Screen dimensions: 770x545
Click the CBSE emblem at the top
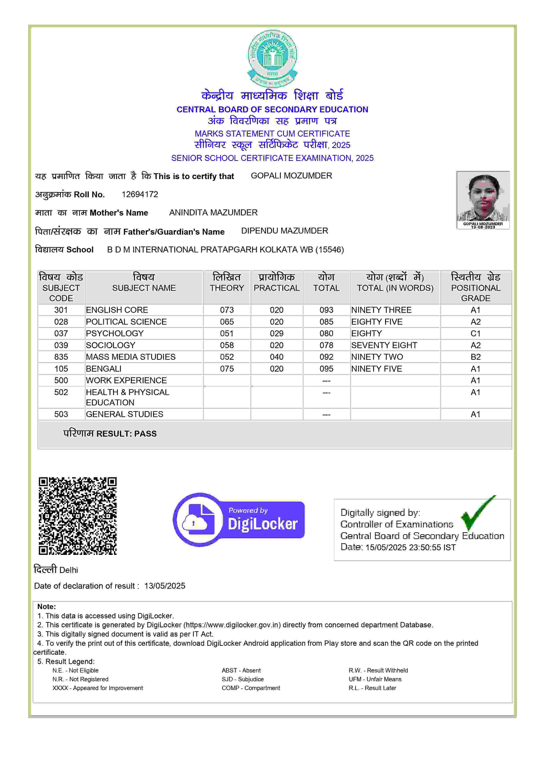[272, 58]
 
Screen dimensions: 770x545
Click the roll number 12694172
[140, 194]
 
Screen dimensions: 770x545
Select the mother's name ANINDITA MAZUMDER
[213, 213]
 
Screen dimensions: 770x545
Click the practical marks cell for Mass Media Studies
[277, 357]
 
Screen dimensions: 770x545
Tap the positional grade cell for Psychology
[475, 333]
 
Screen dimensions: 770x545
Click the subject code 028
[61, 322]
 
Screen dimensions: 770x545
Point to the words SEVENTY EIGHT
[384, 345]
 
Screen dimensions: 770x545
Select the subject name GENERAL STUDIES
[125, 414]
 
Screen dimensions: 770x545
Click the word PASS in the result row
[145, 434]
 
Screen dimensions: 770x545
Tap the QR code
[78, 516]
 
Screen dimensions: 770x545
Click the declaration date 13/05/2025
[165, 586]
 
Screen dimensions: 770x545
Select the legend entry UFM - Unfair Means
[375, 679]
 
